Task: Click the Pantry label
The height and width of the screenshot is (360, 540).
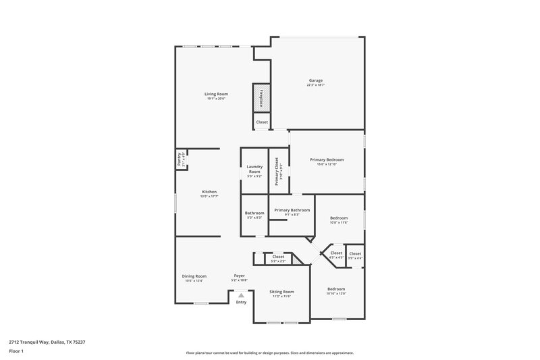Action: pyautogui.click(x=180, y=159)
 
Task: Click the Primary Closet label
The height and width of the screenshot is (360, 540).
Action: pyautogui.click(x=277, y=171)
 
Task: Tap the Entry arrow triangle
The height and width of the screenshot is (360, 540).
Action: pyautogui.click(x=241, y=295)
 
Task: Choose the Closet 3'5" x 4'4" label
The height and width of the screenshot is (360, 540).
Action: pyautogui.click(x=355, y=255)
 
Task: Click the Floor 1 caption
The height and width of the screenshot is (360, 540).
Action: pyautogui.click(x=16, y=352)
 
